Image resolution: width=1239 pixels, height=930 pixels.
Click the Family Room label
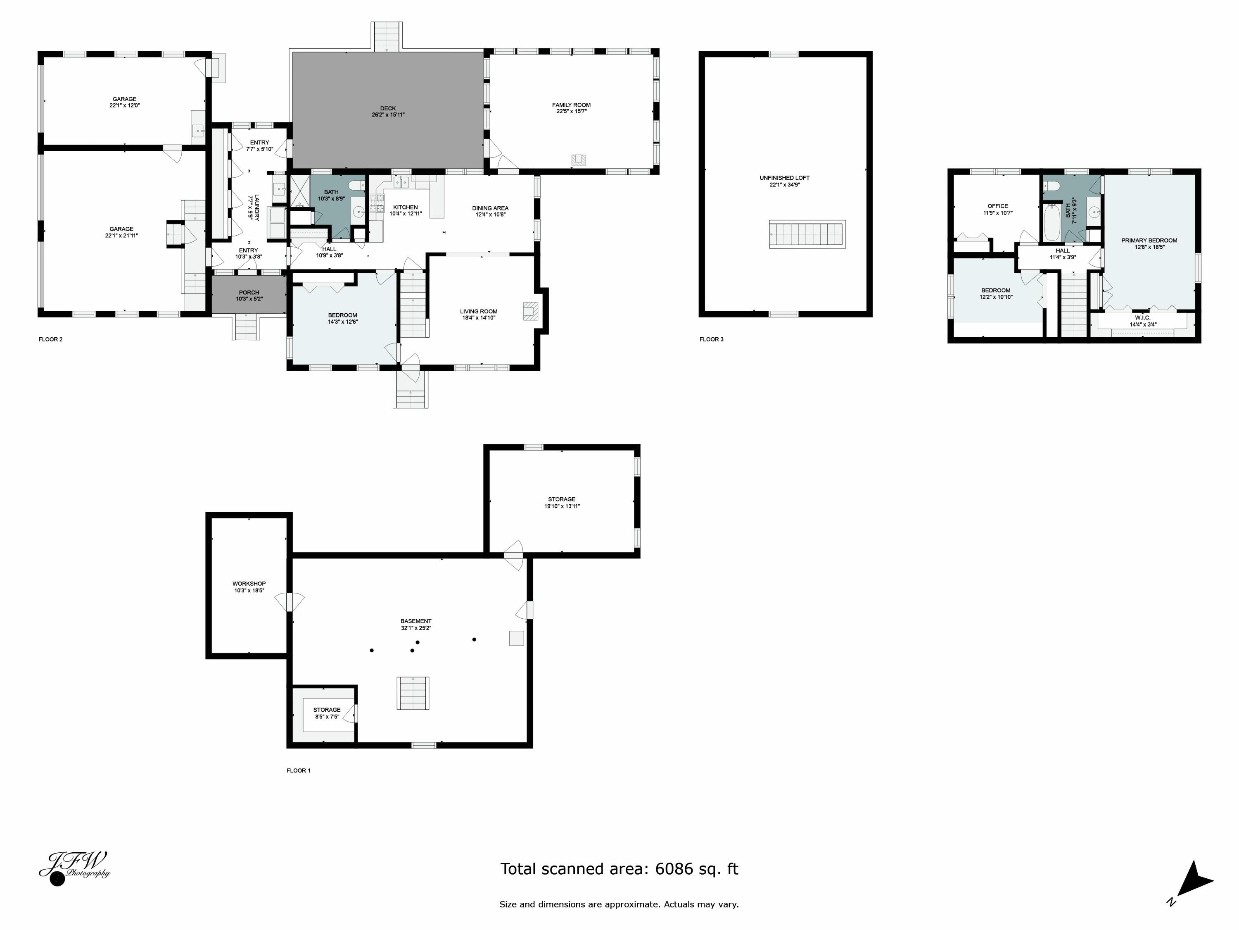[x=571, y=105]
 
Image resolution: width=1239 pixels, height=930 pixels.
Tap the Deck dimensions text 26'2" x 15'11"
[x=388, y=115]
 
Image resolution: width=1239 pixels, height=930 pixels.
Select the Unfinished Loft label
[x=784, y=178]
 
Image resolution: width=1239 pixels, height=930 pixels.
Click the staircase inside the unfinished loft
[x=807, y=234]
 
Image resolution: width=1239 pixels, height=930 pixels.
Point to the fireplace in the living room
[x=530, y=311]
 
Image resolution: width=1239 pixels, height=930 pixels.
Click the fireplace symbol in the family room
[x=579, y=161]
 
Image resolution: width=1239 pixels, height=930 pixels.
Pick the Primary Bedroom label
[x=1149, y=241]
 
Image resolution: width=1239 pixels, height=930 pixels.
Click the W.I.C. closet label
[x=1143, y=318]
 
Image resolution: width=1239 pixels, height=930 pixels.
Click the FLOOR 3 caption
[x=711, y=339]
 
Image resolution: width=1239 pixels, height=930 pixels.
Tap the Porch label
[x=249, y=293]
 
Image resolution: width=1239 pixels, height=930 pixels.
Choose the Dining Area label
[x=490, y=208]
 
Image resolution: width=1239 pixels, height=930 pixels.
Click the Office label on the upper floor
[x=997, y=206]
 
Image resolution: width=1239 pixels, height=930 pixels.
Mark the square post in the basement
[x=516, y=638]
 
